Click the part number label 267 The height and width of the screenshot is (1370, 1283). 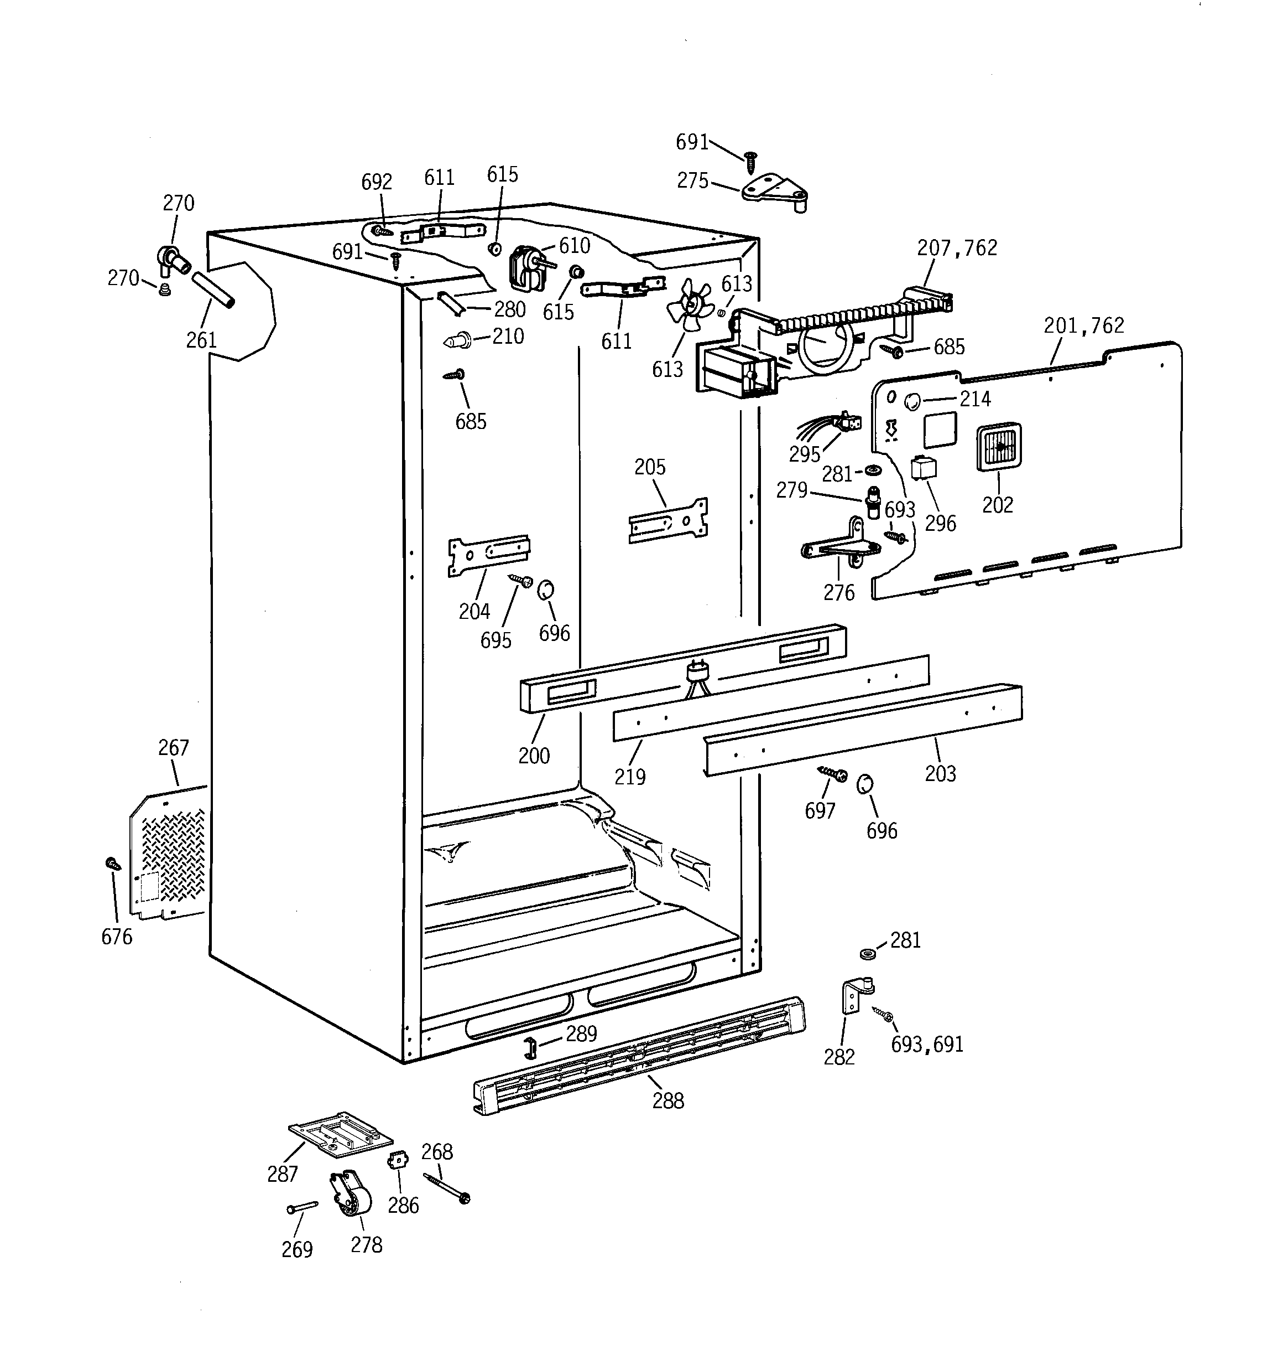coord(173,748)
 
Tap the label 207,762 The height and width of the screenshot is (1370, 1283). coord(957,248)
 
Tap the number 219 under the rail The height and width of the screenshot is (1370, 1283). coord(629,777)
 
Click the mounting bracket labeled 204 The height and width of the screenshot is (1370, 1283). coord(489,554)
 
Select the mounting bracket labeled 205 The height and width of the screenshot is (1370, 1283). coord(668,520)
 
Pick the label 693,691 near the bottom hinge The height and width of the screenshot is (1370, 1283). coord(927,1045)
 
